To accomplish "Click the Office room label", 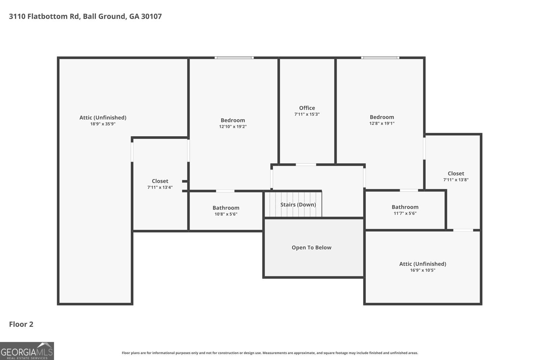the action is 307,108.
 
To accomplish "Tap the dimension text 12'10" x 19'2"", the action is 233,127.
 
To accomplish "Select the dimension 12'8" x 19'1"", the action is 382,123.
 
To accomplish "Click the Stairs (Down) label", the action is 298,204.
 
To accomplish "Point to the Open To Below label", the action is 312,247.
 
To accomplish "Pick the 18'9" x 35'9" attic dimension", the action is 103,124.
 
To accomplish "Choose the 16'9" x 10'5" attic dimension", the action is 423,270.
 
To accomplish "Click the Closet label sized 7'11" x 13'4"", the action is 160,181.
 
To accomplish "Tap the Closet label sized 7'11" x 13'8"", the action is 456,173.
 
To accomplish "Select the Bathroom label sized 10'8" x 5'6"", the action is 226,208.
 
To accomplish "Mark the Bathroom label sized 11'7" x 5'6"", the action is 405,207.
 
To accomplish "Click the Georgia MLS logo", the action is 27,351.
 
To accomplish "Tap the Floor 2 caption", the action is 21,324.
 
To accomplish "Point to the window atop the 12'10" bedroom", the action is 234,58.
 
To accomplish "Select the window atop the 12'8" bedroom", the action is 380,58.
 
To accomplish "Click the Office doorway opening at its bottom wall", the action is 306,165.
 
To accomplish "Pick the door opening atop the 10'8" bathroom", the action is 225,191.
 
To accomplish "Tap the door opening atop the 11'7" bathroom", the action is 409,190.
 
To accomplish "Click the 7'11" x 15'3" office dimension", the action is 307,114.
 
